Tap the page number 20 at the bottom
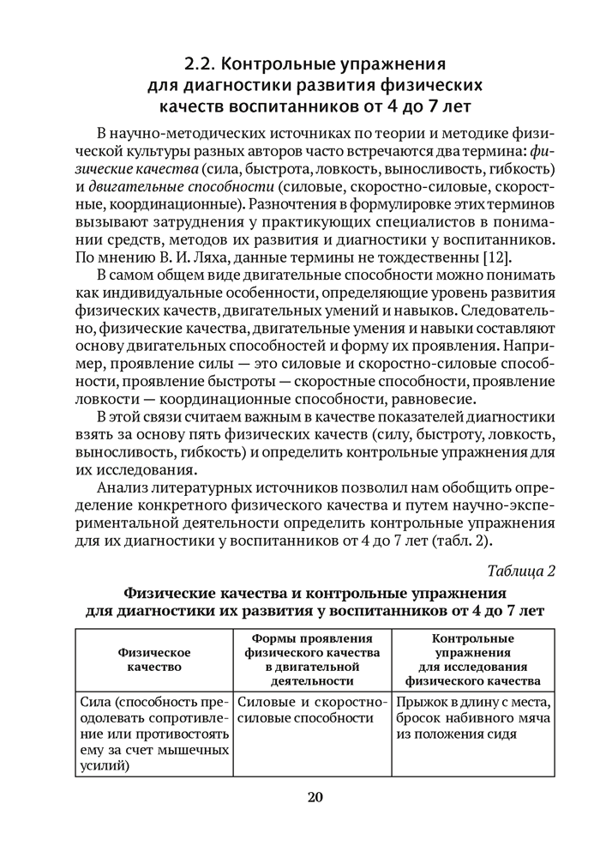tap(315, 797)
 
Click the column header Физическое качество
tap(154, 658)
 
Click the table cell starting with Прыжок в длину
tap(472, 718)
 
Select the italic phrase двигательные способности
tap(166, 184)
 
